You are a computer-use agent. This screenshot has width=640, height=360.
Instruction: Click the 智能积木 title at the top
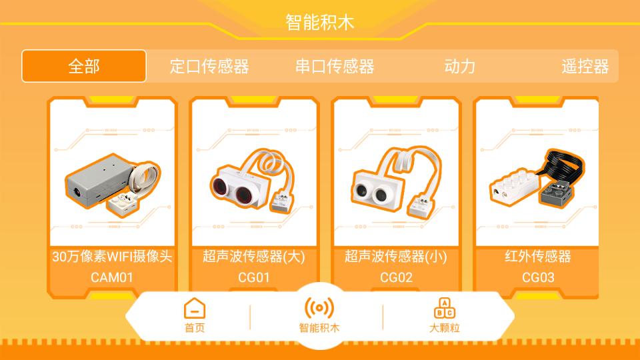[x=320, y=22]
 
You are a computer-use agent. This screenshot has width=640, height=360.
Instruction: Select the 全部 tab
[x=84, y=66]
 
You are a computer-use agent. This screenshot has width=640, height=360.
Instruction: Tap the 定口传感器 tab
[x=209, y=66]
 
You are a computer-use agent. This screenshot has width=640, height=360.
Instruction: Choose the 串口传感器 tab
[x=335, y=66]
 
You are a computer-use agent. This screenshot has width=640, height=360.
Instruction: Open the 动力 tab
[x=459, y=66]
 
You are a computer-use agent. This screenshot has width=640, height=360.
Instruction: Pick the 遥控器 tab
[x=585, y=66]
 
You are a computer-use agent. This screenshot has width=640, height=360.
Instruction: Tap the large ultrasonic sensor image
[x=253, y=180]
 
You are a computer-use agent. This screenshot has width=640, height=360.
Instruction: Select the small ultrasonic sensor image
[x=395, y=180]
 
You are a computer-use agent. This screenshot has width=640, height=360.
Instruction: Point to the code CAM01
[x=112, y=277]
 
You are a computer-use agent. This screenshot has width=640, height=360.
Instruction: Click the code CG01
[x=253, y=277]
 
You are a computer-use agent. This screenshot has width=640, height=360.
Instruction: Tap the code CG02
[x=396, y=277]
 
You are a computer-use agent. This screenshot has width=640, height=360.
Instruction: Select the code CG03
[x=538, y=277]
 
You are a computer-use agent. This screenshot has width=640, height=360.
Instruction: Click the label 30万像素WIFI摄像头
[x=112, y=257]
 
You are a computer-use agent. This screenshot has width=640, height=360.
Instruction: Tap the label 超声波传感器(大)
[x=253, y=257]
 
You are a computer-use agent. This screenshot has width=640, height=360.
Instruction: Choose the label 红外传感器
[x=538, y=257]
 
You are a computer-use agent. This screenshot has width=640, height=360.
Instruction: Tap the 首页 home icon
[x=195, y=309]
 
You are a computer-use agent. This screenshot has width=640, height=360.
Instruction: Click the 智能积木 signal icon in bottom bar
[x=319, y=307]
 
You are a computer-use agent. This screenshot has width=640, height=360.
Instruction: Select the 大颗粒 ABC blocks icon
[x=445, y=308]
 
